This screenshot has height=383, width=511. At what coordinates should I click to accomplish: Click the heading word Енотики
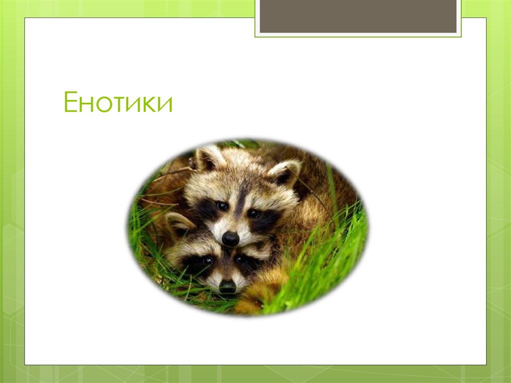118,102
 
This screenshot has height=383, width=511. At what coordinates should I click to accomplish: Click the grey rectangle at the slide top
358,16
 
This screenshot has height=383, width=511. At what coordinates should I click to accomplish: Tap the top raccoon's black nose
230,239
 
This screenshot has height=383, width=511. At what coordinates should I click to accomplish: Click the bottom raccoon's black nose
228,286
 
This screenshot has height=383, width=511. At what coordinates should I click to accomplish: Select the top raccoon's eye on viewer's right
254,213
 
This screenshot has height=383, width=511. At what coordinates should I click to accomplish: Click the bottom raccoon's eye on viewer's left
207,260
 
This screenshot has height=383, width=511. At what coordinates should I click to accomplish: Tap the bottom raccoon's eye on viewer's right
242,260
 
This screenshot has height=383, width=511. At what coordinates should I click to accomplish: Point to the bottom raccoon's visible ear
178,222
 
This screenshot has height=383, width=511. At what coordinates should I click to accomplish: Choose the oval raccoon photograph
247,227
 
